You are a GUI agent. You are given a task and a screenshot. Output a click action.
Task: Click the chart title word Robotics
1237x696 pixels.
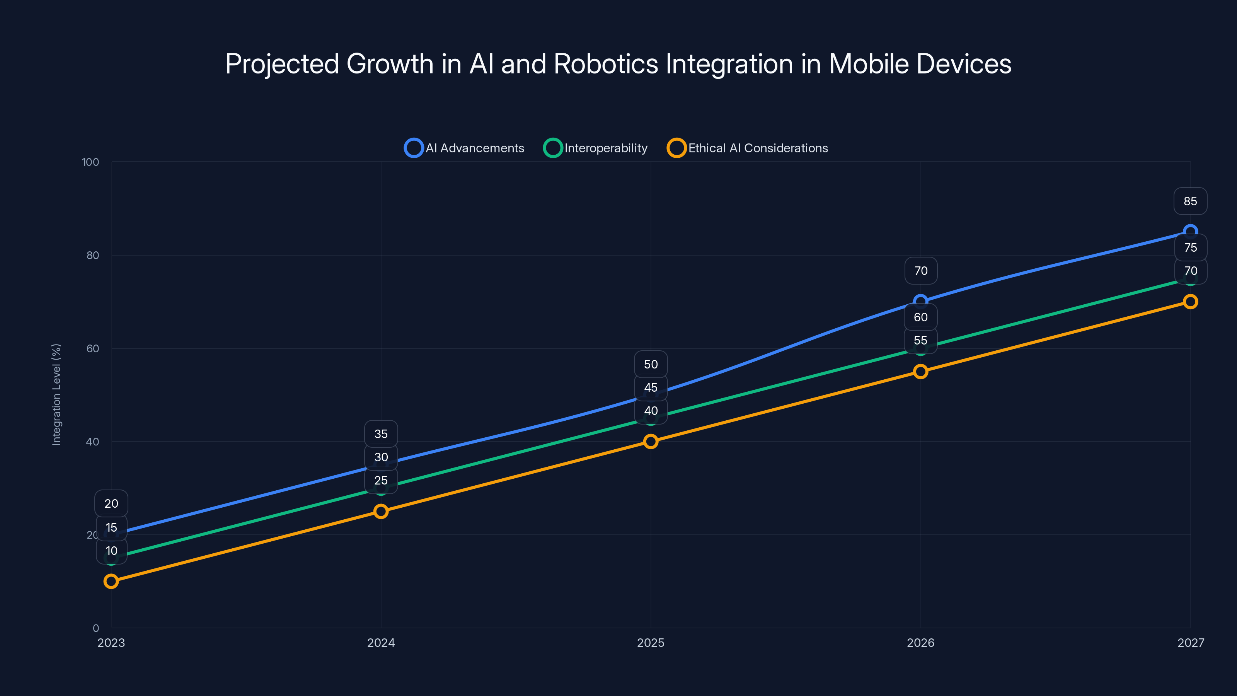[605, 64]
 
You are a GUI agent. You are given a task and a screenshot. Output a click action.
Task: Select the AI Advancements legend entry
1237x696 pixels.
[464, 148]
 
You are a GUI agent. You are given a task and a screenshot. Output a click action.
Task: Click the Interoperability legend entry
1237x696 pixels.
[595, 148]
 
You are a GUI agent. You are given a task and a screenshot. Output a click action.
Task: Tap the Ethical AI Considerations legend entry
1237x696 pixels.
[748, 148]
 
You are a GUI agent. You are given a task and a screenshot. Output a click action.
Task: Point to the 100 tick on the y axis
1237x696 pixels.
[90, 162]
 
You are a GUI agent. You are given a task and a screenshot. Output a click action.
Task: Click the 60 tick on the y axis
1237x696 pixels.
[93, 348]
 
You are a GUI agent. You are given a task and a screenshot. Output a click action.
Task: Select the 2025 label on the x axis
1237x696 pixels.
[651, 643]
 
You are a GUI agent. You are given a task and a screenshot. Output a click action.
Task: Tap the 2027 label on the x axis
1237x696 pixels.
[1191, 643]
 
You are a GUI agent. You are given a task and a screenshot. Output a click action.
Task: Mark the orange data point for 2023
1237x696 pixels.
[111, 581]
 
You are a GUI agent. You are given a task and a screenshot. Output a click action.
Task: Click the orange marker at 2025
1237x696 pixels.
[651, 442]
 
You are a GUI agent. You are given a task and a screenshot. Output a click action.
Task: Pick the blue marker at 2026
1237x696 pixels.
[920, 302]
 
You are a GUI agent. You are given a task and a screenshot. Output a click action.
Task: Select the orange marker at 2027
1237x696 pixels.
[1191, 302]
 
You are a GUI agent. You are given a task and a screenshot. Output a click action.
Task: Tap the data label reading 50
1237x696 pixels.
[651, 364]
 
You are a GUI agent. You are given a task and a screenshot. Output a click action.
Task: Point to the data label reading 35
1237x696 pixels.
[381, 434]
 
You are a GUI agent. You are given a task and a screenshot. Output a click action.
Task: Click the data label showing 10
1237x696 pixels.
[111, 551]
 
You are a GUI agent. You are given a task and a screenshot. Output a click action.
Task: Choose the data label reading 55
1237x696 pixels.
[920, 341]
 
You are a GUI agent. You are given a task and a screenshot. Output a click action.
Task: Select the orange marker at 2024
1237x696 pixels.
[381, 511]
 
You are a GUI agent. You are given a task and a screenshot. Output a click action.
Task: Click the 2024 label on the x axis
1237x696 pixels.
[381, 643]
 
